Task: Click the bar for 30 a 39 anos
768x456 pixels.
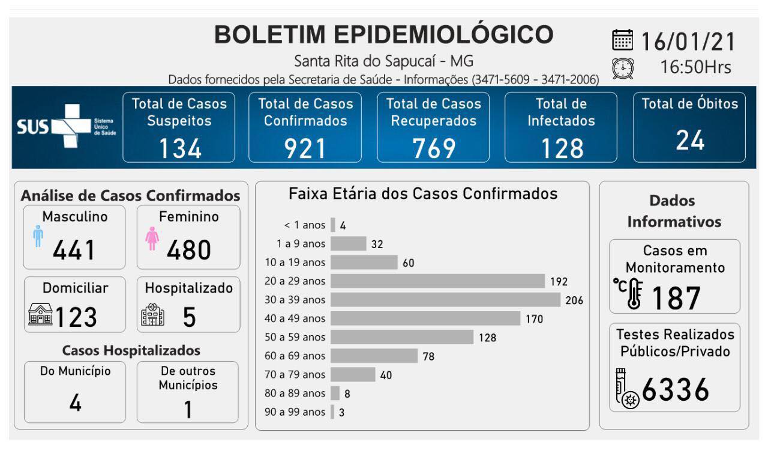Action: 445,300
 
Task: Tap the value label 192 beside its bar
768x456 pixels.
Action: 559,281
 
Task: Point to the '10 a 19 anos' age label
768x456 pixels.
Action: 295,263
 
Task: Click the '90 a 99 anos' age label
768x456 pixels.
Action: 295,412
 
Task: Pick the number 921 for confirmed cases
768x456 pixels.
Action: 305,148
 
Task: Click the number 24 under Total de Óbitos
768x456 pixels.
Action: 690,141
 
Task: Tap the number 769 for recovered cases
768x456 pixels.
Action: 434,148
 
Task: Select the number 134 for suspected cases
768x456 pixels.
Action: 179,148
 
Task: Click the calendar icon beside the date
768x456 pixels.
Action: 623,40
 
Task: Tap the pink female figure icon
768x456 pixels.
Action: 152,239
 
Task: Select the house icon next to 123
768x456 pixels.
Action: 40,314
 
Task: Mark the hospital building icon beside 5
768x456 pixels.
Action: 152,314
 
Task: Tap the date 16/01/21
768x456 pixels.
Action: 688,41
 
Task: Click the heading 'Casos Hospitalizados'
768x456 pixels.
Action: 131,350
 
